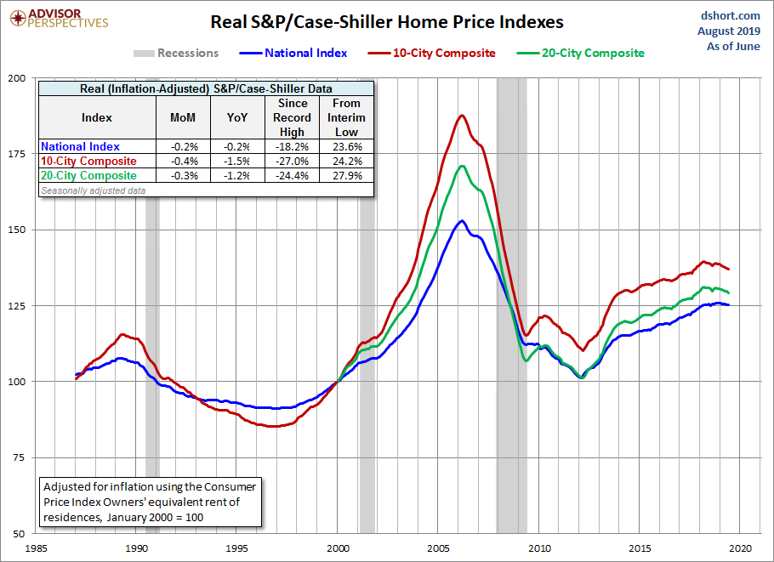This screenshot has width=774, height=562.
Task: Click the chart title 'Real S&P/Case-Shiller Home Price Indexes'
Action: pyautogui.click(x=387, y=21)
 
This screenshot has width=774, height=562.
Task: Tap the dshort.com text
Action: pyautogui.click(x=731, y=15)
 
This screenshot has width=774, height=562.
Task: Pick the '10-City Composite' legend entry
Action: pyautogui.click(x=443, y=54)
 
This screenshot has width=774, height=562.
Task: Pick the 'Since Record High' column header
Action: pyautogui.click(x=292, y=118)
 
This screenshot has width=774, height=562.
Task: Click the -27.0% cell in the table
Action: pyautogui.click(x=292, y=162)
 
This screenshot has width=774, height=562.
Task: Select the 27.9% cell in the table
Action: pyautogui.click(x=347, y=176)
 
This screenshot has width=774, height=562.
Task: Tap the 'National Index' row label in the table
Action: pyautogui.click(x=81, y=147)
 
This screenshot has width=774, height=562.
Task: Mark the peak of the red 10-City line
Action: pyautogui.click(x=462, y=116)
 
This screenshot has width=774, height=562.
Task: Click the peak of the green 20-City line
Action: pyautogui.click(x=462, y=166)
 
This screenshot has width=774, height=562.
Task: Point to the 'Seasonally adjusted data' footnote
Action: pyautogui.click(x=93, y=190)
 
